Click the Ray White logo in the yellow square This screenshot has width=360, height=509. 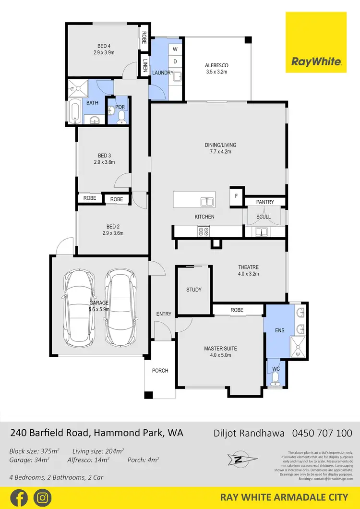coord(316,61)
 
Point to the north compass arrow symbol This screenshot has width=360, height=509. coord(239,460)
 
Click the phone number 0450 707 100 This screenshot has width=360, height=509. coord(322,433)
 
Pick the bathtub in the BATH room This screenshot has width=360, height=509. coord(74,112)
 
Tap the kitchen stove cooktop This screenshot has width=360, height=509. coord(204,231)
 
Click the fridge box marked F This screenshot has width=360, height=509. coord(236,196)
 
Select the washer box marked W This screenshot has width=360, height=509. coord(175,49)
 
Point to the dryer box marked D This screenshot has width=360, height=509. coord(175,61)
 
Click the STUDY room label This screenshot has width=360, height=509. coord(193,290)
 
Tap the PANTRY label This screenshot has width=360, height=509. coord(264,202)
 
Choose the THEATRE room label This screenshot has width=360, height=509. coord(248,267)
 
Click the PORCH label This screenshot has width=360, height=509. coord(160,370)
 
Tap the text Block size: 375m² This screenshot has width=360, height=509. coord(35,451)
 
